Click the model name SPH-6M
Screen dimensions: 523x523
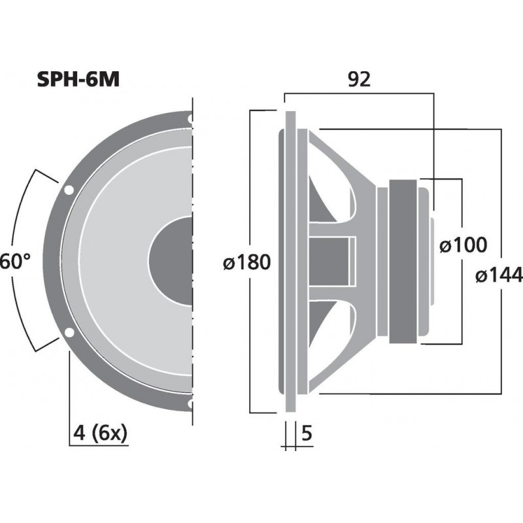tap(78, 80)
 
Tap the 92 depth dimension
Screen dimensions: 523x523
tap(360, 80)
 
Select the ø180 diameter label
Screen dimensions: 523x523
tap(246, 263)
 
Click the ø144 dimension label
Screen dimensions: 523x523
tap(499, 276)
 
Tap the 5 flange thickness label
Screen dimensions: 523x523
tap(306, 432)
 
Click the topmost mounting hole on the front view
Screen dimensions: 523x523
tap(190, 120)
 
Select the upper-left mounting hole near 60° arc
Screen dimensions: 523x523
tap(69, 191)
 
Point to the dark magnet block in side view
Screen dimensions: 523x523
tap(405, 261)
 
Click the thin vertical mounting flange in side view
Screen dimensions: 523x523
tap(290, 261)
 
